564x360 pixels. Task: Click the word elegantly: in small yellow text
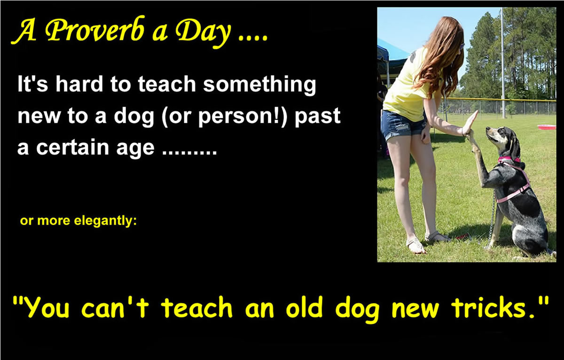pos(105,221)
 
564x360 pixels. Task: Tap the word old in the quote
pos(305,307)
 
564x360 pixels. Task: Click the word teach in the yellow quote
pos(197,308)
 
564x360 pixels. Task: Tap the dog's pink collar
pos(509,159)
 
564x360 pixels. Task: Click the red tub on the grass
pos(547,127)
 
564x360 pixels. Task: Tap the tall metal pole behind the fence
pos(502,63)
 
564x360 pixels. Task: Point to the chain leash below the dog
pos(492,221)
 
